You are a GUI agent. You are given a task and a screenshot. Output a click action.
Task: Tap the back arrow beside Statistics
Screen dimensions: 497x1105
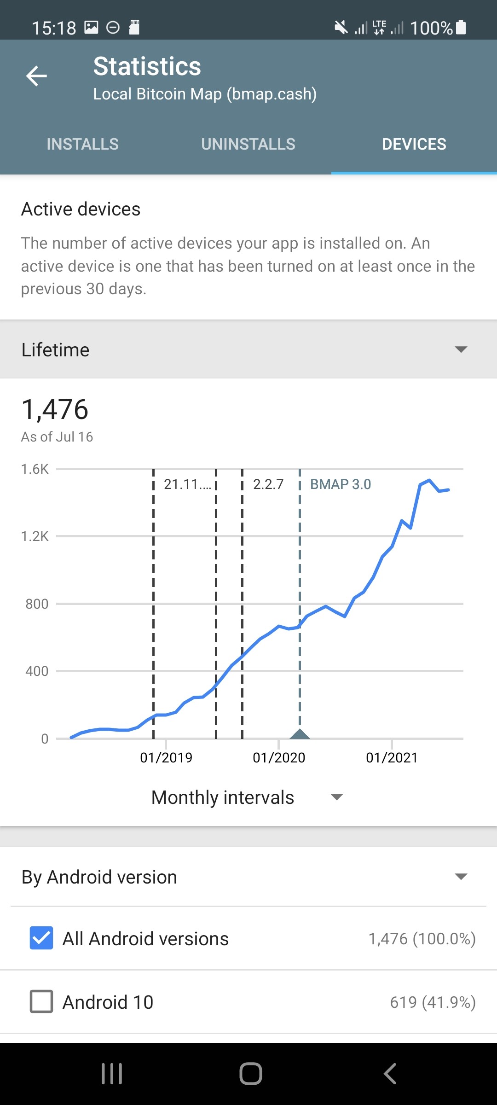(x=37, y=76)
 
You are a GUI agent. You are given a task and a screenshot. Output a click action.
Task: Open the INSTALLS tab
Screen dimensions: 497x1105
(x=83, y=144)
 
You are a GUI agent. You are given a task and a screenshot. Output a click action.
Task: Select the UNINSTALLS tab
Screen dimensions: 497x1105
(x=248, y=144)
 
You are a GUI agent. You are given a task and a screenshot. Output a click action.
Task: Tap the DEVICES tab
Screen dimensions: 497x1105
(x=414, y=144)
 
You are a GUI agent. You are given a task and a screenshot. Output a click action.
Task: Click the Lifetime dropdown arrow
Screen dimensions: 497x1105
(x=461, y=349)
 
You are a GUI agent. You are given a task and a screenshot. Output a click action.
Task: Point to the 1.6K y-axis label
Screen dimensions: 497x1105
(x=35, y=469)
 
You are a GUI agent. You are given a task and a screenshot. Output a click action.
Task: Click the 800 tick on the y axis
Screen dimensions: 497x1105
(x=37, y=604)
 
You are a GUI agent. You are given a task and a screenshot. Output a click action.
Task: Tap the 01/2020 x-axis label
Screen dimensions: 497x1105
(x=279, y=757)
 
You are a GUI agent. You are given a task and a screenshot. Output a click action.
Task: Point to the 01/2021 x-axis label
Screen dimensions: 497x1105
(x=392, y=757)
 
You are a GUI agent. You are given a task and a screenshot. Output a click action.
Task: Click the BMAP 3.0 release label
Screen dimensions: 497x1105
(x=341, y=484)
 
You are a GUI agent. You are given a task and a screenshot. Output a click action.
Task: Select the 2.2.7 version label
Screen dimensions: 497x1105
(x=268, y=484)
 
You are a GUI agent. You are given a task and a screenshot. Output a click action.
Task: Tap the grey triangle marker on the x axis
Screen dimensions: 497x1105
(x=300, y=734)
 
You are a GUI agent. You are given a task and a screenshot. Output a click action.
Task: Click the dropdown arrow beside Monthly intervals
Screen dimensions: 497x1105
(x=337, y=797)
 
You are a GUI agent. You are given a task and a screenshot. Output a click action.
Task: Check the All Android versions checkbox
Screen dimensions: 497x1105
(x=41, y=938)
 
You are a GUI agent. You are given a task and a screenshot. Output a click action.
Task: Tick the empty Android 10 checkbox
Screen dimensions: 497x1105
(x=41, y=1001)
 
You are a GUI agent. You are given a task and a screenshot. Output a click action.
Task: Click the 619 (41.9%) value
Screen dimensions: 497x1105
(x=433, y=1002)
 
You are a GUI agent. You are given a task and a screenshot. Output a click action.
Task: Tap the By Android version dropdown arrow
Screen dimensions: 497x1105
(x=461, y=877)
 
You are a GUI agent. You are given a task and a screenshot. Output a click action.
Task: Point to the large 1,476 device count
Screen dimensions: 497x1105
(x=55, y=409)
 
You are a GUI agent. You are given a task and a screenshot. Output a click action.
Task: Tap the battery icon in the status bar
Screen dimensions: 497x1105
(x=461, y=28)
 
